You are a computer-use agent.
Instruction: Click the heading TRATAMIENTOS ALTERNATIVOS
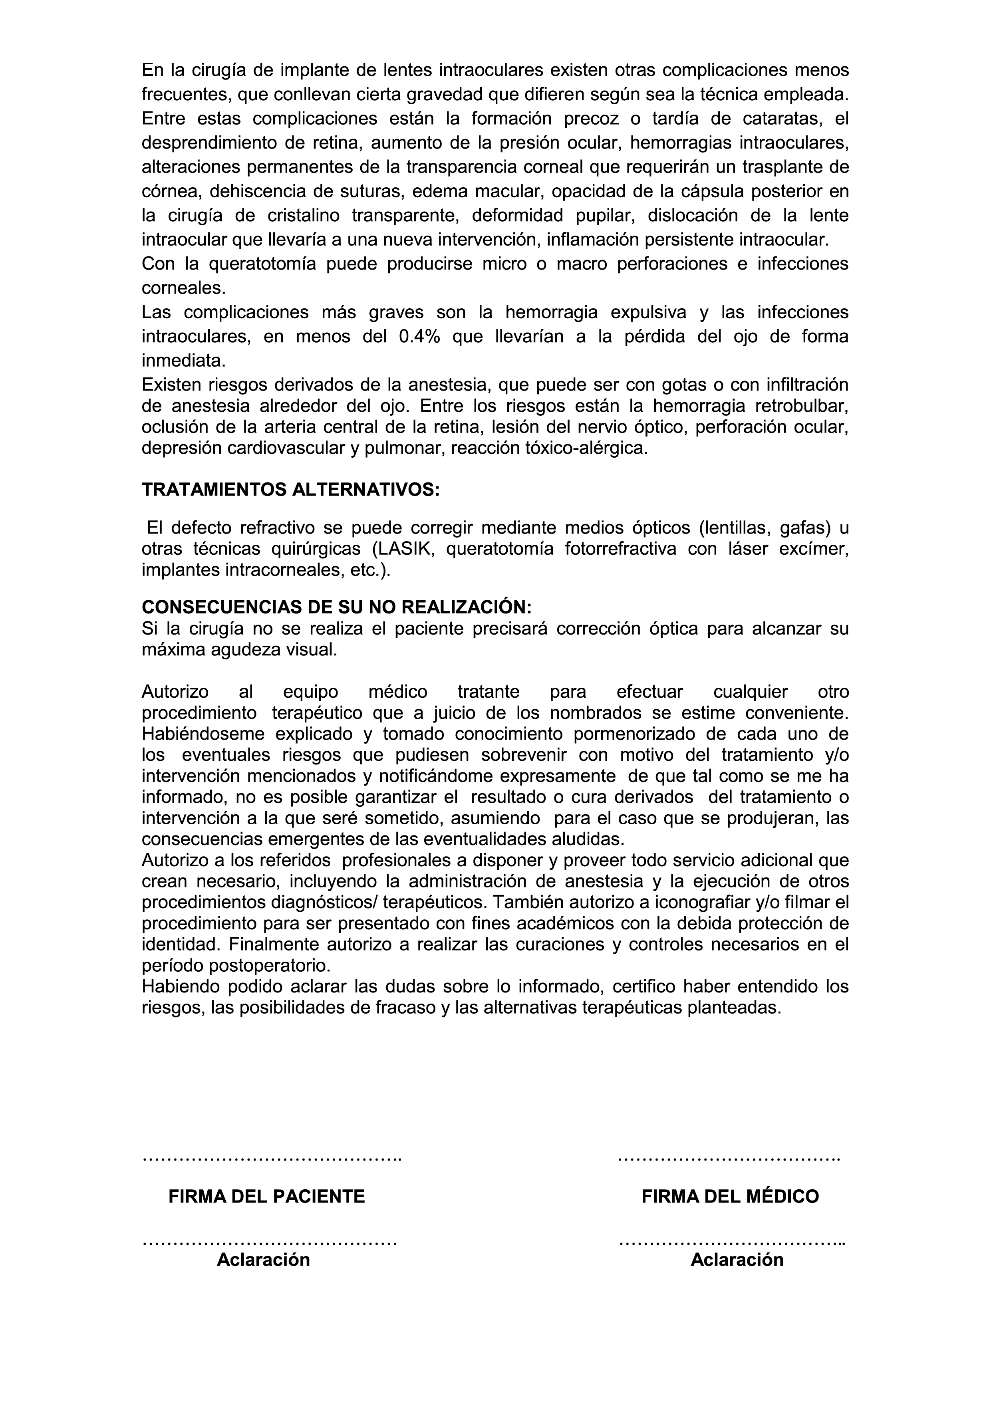290,490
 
